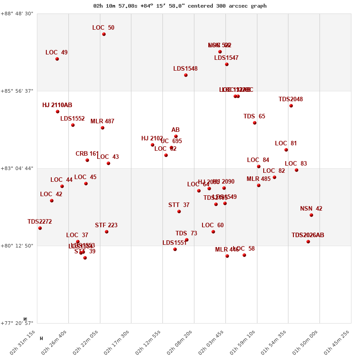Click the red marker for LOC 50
coord(104,34)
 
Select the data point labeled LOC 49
coord(57,59)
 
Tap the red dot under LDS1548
coord(186,75)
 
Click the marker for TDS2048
coord(291,106)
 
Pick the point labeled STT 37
coord(179,211)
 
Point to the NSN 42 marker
coord(311,215)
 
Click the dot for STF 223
coord(107,232)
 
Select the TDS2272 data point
coord(40,228)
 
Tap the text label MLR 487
coord(102,121)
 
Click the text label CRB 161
coord(87,154)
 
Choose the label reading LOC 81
coord(286,144)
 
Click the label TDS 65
coord(254,117)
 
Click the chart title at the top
coord(180,6)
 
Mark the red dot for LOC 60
coord(213,232)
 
